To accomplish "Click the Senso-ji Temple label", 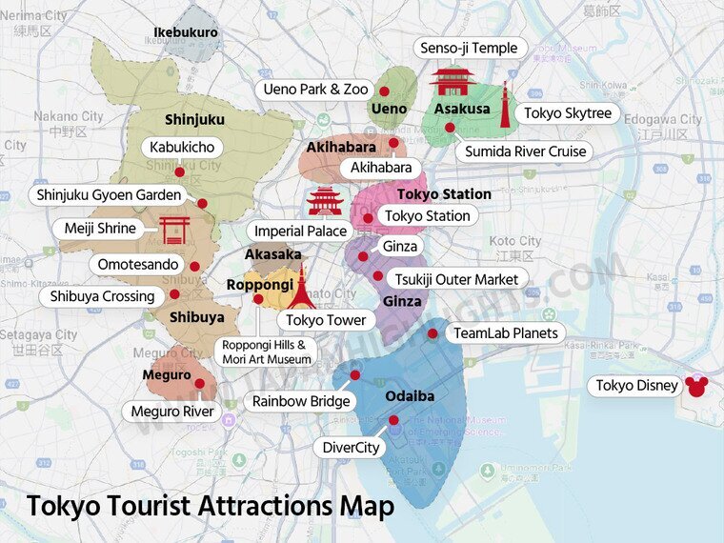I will tap(468, 48).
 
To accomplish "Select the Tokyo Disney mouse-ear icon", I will tap(697, 386).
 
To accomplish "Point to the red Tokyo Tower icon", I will tap(302, 288).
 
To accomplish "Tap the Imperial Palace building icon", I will tap(325, 201).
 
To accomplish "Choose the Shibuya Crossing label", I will tap(102, 296).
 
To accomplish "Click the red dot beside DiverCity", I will tap(393, 420).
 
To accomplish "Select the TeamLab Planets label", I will tap(505, 332).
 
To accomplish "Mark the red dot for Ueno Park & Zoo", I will tap(384, 91).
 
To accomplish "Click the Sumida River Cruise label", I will tap(525, 151).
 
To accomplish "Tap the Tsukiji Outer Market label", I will tap(459, 278).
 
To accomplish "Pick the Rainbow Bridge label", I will tap(301, 401).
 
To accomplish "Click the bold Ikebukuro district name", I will tap(186, 32).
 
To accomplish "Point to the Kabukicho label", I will tap(182, 148).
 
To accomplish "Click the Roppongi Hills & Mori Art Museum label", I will tap(266, 352).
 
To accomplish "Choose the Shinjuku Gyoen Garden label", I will tap(109, 195).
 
